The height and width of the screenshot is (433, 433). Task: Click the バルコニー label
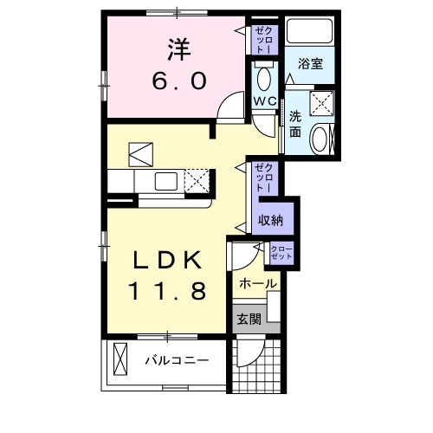(177, 359)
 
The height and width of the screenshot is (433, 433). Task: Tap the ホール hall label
(257, 283)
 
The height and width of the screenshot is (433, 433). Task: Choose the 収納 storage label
(270, 220)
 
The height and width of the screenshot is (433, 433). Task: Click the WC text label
(264, 102)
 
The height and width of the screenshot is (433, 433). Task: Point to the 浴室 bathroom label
(311, 63)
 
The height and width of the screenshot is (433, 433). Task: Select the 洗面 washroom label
(295, 125)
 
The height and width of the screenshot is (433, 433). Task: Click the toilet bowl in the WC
(264, 80)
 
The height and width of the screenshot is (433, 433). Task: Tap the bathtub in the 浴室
(311, 32)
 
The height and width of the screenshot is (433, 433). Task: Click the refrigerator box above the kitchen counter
(140, 155)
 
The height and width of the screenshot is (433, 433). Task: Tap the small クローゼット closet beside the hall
(282, 254)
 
